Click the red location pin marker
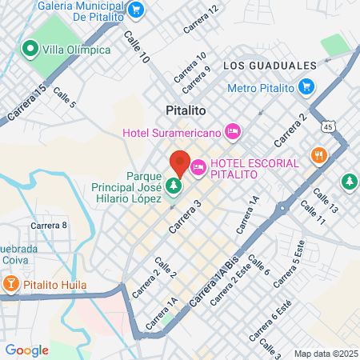point(180,163)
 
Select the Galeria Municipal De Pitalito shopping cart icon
point(136,10)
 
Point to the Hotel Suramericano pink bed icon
point(233,130)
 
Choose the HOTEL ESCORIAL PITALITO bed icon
point(198,168)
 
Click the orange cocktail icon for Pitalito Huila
point(11,283)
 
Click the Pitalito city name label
point(186,110)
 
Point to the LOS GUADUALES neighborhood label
point(265,65)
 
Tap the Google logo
point(26,350)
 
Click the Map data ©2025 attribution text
point(325,354)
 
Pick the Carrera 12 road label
point(200,19)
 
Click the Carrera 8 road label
point(49,225)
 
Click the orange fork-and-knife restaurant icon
point(318,155)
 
